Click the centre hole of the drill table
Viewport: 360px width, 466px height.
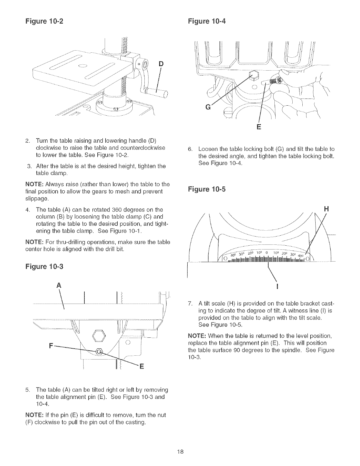coord(84,65)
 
